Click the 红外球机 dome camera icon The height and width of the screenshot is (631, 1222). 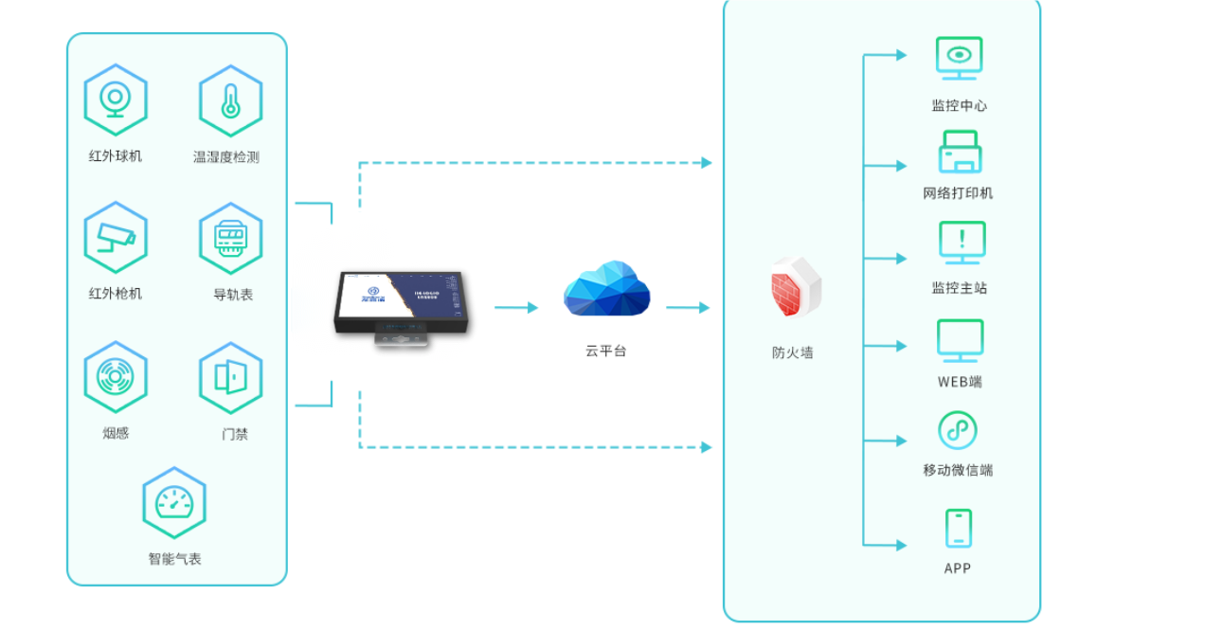[116, 99]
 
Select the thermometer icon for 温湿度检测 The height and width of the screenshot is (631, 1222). [230, 100]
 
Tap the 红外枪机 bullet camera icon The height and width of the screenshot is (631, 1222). [116, 237]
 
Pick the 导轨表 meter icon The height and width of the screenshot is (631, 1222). [230, 238]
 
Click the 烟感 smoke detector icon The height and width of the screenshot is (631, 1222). [116, 377]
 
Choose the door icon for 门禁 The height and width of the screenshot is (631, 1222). [230, 378]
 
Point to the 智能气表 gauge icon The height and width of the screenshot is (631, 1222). [174, 503]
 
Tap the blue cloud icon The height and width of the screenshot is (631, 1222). [606, 288]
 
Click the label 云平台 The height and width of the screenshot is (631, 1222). [606, 351]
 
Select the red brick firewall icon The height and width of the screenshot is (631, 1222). [794, 286]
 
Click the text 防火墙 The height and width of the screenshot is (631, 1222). [793, 352]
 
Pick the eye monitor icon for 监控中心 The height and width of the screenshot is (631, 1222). [959, 58]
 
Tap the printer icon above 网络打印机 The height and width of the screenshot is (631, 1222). [960, 153]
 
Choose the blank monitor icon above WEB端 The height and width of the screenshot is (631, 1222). [960, 340]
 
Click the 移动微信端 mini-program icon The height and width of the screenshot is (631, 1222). [958, 430]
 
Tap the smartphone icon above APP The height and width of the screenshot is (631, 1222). [958, 528]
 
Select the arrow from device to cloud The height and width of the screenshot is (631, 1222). [516, 308]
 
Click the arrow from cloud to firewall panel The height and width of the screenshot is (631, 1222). [688, 308]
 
